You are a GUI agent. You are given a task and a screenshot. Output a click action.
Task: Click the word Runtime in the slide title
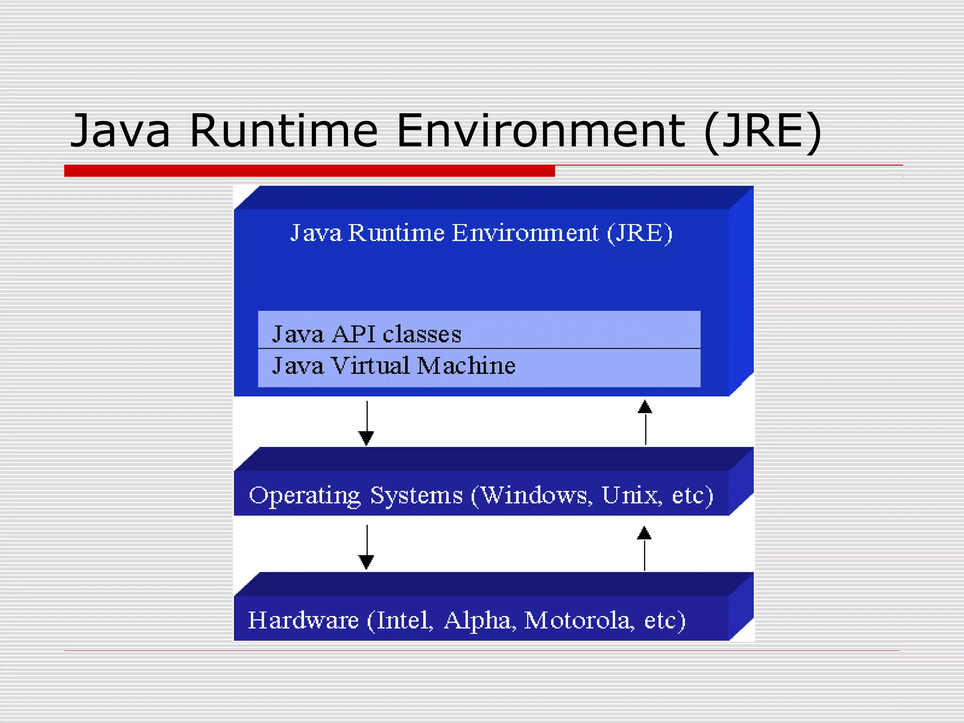coord(283,130)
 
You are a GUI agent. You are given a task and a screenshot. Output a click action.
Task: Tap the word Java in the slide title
coord(120,130)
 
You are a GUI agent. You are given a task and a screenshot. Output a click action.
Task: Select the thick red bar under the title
coord(309,170)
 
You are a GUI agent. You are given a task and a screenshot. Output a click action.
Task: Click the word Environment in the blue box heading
coord(525,233)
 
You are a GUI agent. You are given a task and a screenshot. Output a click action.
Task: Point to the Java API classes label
coord(367,334)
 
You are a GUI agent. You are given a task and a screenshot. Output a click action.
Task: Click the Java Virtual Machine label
coord(394,366)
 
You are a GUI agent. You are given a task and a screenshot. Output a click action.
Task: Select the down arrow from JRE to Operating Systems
coord(367,424)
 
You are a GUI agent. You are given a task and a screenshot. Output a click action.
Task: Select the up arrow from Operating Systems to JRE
coord(645,422)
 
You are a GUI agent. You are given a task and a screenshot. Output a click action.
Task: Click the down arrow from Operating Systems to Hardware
coord(367,547)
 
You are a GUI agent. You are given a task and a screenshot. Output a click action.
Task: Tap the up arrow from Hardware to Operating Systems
coord(644,548)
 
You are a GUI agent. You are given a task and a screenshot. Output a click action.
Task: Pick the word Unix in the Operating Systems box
coord(631,495)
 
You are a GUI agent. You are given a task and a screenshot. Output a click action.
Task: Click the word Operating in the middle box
coord(305,496)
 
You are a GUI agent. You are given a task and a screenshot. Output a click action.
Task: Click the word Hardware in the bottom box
coord(303,620)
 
